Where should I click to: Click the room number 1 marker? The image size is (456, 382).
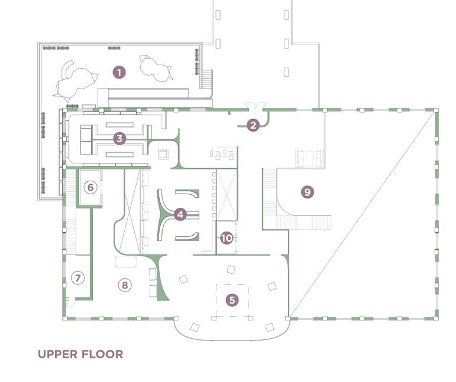119,73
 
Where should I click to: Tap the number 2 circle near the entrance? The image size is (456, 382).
253,126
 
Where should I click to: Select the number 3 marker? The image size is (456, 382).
120,139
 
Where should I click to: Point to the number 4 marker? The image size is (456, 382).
180,214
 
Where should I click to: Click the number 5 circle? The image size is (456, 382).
232,300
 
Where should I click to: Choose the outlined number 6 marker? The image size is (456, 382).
90,188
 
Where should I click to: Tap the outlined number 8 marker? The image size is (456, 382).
124,285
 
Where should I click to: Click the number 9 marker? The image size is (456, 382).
307,192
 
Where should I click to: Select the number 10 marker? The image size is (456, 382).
227,238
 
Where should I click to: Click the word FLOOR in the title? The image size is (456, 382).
103,355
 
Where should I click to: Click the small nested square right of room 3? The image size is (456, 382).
164,154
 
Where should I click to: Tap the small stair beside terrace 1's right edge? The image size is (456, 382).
207,78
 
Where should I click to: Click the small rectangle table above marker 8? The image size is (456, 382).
126,262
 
